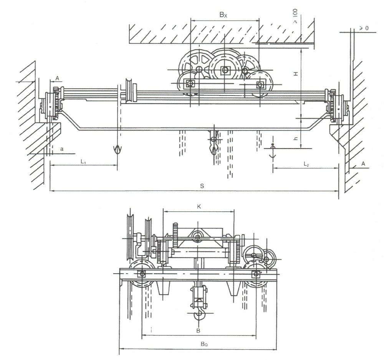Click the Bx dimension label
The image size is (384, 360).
(x=223, y=15)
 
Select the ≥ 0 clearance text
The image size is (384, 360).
(x=364, y=28)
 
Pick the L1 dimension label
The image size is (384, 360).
(x=83, y=162)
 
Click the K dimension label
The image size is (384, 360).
(x=199, y=206)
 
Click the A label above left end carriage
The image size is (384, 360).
(x=57, y=78)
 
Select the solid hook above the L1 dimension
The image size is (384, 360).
(x=116, y=150)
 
